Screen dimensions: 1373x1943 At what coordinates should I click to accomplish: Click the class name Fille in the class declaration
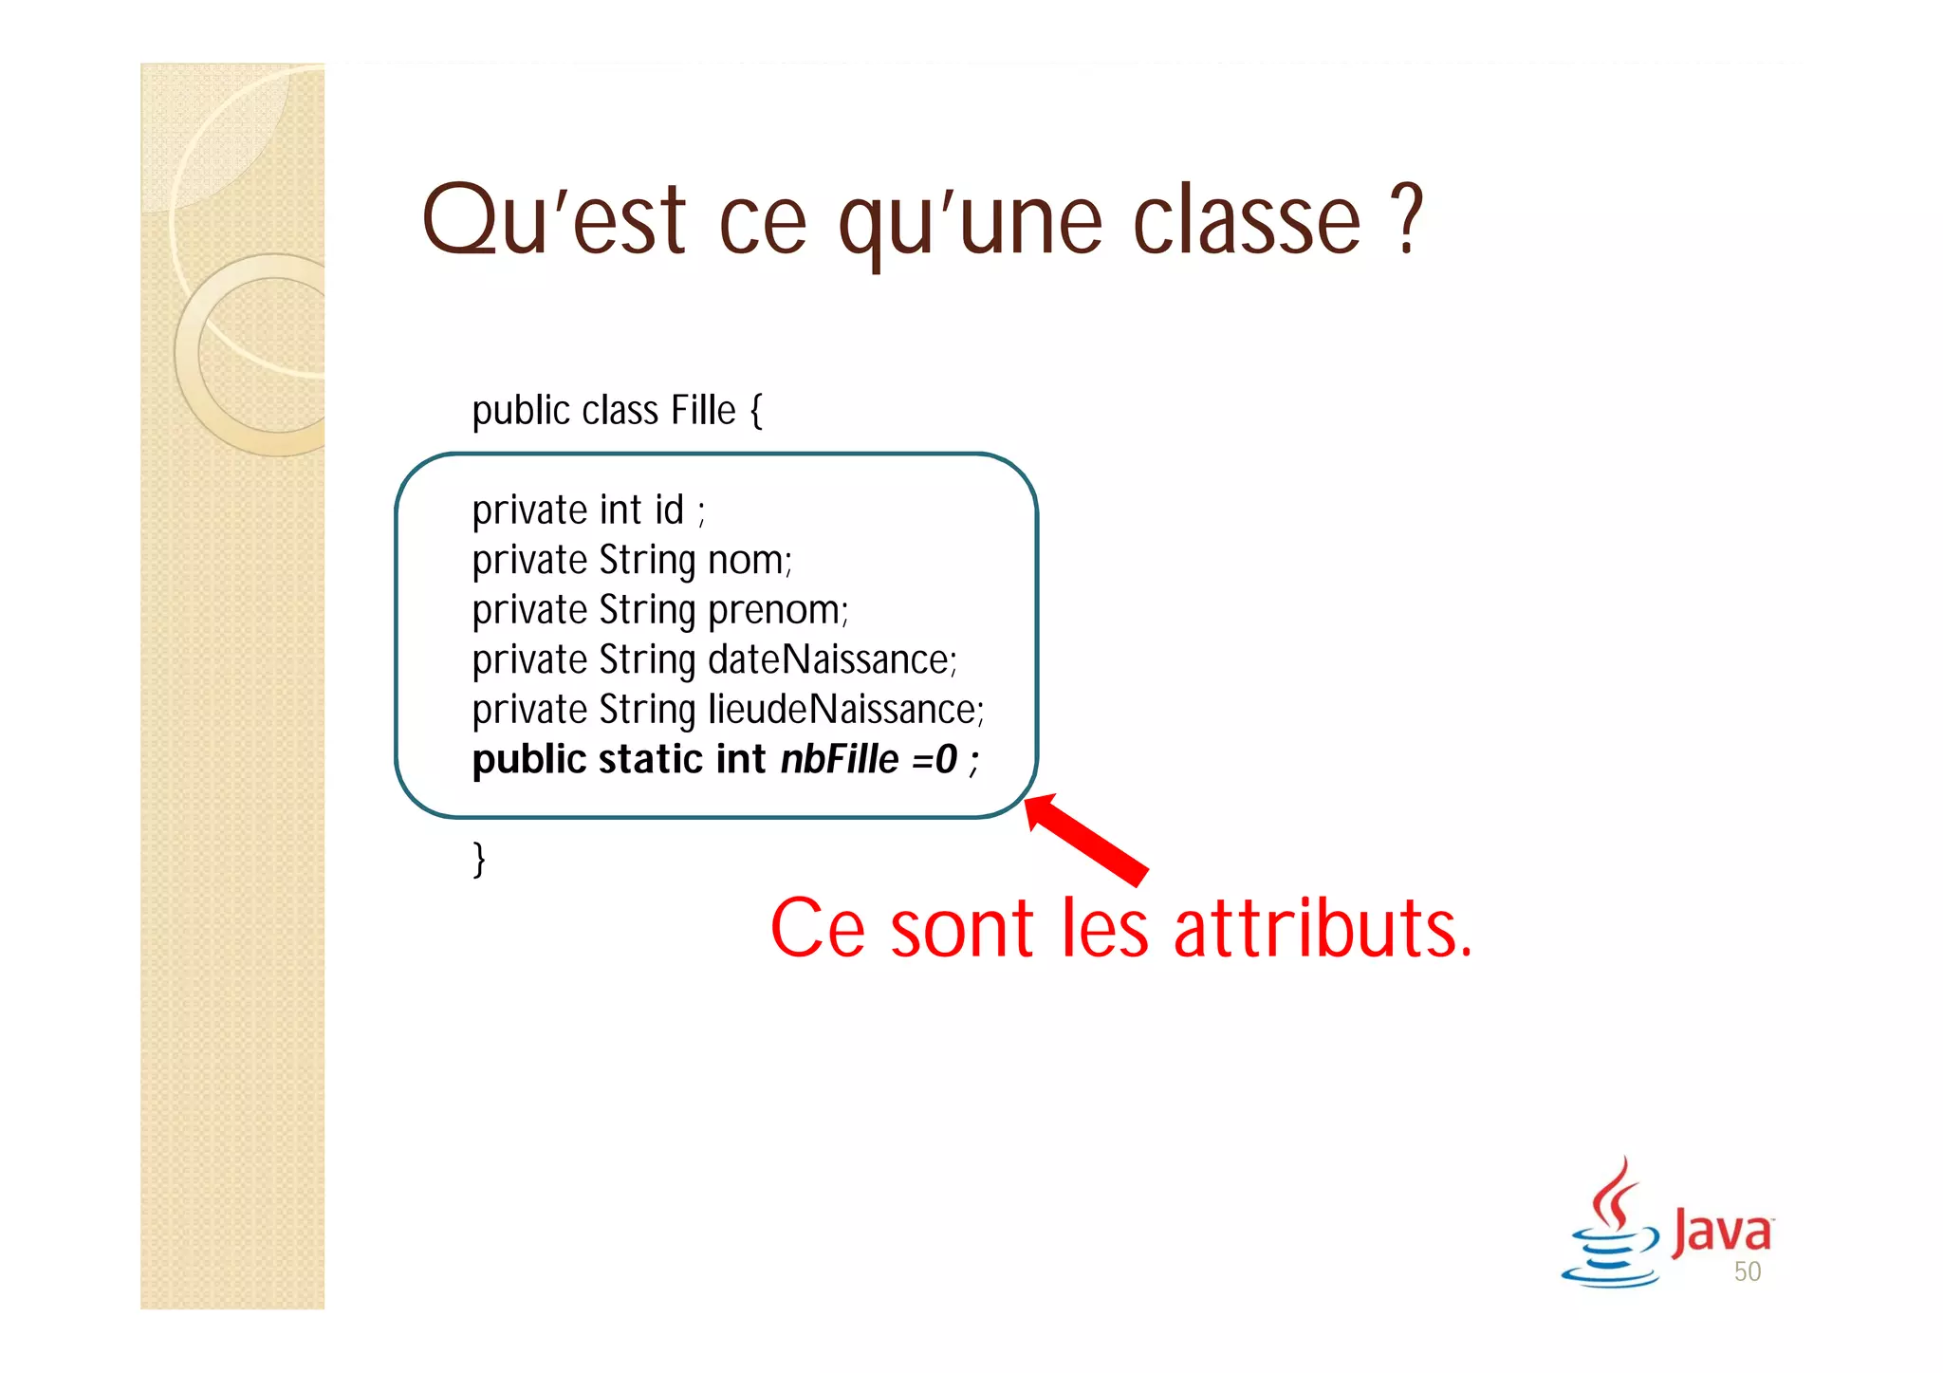[x=703, y=411]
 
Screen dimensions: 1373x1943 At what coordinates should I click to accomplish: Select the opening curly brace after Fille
[x=756, y=411]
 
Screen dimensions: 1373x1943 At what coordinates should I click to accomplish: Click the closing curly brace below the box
[x=479, y=860]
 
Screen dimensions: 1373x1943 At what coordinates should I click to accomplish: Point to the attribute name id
[x=669, y=510]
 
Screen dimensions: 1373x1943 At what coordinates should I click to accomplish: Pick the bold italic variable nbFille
[x=840, y=760]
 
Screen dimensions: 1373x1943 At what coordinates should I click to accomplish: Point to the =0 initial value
[x=934, y=760]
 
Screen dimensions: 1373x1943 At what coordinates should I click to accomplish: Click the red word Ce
[x=817, y=929]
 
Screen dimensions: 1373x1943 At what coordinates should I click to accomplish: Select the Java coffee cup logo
[x=1610, y=1224]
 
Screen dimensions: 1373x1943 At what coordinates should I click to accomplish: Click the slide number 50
[x=1747, y=1271]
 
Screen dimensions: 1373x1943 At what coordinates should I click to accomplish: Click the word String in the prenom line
[x=648, y=611]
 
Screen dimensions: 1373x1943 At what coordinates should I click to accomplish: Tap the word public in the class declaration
[x=521, y=411]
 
